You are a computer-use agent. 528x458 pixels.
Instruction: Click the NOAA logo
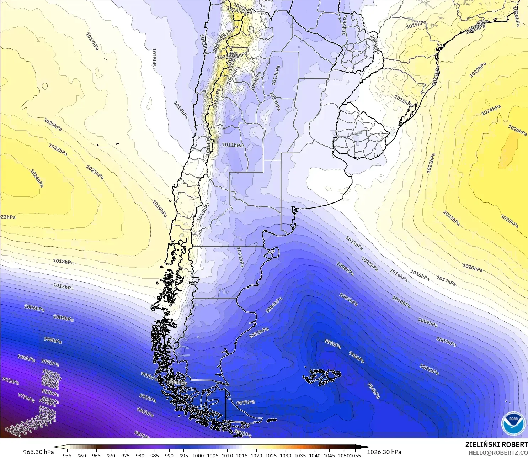[x=513, y=423]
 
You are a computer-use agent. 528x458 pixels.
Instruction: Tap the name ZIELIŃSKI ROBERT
[x=496, y=444]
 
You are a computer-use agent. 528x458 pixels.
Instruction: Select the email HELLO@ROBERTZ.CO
[x=498, y=453]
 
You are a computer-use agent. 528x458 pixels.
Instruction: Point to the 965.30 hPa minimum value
[x=38, y=452]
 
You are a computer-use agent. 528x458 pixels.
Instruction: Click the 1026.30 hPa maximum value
[x=384, y=452]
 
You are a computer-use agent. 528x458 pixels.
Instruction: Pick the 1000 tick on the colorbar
[x=198, y=455]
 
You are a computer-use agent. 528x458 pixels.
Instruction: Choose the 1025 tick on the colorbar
[x=271, y=455]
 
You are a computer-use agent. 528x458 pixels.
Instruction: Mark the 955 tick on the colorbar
[x=67, y=455]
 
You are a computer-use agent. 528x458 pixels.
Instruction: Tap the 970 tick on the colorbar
[x=111, y=455]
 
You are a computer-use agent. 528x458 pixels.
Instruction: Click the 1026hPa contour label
[x=517, y=130]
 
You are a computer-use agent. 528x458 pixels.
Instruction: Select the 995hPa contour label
[x=332, y=344]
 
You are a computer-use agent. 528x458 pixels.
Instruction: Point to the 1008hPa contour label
[x=345, y=269]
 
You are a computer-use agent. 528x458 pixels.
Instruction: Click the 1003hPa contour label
[x=348, y=299]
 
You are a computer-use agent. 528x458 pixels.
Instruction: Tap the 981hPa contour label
[x=10, y=381]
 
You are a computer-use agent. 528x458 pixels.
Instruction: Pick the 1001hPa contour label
[x=429, y=369]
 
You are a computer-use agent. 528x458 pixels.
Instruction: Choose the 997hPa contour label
[x=246, y=402]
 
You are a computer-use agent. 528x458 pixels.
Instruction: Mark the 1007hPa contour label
[x=446, y=342]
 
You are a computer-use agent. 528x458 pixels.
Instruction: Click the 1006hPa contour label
[x=34, y=308]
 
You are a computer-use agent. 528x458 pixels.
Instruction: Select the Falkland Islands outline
[x=322, y=377]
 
